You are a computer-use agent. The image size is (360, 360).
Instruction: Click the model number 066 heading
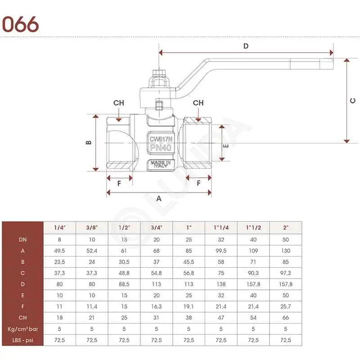tap(20, 24)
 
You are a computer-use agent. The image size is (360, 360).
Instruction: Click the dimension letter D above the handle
tap(246, 46)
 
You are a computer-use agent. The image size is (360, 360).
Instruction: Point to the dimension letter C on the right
tap(353, 100)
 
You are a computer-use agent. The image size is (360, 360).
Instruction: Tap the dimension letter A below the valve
tap(159, 198)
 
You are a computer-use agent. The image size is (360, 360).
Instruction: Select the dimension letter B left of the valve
tap(89, 143)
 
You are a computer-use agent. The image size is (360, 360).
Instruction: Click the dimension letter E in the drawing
tap(226, 146)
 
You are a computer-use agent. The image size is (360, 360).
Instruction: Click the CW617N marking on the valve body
tap(161, 139)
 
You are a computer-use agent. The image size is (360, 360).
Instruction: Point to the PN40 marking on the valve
tap(161, 148)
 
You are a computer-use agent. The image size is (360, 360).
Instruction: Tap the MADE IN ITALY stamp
tap(161, 164)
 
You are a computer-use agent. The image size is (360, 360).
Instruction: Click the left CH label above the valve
tap(119, 103)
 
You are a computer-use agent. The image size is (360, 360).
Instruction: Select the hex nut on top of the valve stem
tap(159, 73)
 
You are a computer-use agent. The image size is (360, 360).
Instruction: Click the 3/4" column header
tap(157, 228)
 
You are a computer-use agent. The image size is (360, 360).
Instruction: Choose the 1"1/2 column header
tap(253, 228)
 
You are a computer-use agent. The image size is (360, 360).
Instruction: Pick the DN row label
tap(23, 240)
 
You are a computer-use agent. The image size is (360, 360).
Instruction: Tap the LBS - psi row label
tap(23, 340)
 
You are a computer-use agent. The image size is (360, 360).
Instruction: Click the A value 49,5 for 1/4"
tap(59, 251)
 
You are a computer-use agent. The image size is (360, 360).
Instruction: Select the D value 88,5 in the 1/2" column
tap(124, 284)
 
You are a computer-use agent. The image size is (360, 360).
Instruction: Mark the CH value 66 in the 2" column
tap(286, 318)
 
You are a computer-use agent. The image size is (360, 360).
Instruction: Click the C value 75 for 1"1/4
tap(221, 273)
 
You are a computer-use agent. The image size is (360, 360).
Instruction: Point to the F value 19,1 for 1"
tap(189, 306)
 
